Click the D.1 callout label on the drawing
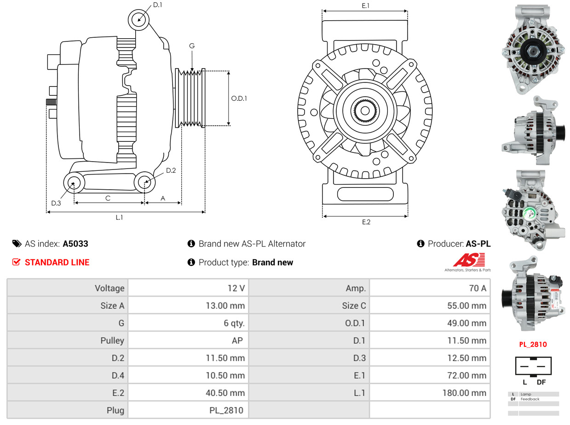pos(157,5)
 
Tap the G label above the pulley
pos(192,46)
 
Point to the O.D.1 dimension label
pos(239,98)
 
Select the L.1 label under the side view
pos(119,217)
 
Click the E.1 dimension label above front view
pos(366,6)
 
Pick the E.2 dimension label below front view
pos(366,222)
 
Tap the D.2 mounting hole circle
pos(144,182)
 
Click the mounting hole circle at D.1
pos(139,20)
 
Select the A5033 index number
pos(75,244)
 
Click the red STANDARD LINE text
pos(57,262)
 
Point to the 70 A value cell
pos(477,288)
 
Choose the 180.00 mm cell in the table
pos(465,393)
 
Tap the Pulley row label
pos(112,340)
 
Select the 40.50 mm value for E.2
pos(225,393)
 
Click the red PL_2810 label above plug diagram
pos(533,344)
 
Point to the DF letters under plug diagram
pos(541,382)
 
